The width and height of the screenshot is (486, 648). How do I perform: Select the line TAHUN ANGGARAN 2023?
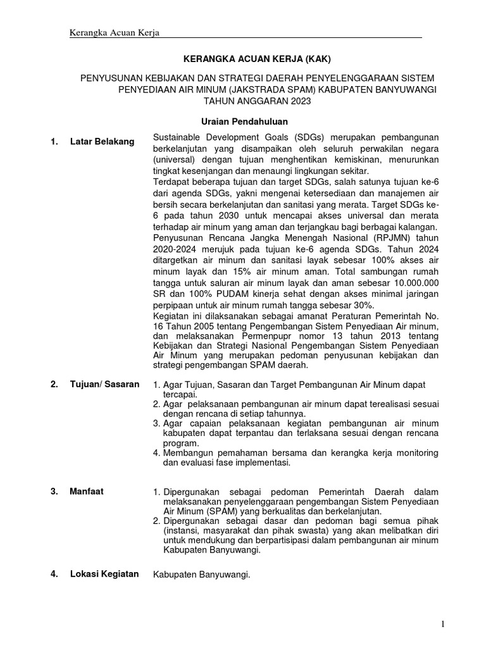pos(258,101)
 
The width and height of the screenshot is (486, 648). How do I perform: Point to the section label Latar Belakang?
pos(102,142)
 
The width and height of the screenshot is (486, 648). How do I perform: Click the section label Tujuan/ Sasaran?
pos(104,384)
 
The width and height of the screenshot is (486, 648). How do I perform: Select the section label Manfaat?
pos(87,490)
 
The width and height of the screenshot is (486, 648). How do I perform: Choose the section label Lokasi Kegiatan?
pos(104,574)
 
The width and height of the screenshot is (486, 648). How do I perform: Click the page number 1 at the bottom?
pos(442,625)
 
